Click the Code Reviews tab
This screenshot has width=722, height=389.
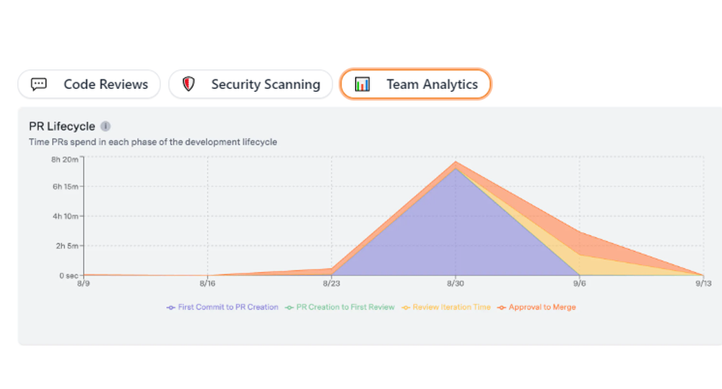[88, 85]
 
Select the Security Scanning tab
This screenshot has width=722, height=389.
[251, 85]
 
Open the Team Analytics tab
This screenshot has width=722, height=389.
[415, 85]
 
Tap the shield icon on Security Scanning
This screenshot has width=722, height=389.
[189, 85]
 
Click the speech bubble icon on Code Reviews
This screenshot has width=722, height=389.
[39, 85]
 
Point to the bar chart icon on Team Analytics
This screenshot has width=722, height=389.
[362, 85]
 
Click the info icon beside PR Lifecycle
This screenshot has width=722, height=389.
[105, 127]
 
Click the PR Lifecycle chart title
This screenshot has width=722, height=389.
[61, 127]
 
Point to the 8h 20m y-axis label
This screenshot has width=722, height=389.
[64, 159]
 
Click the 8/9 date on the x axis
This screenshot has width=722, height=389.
[84, 284]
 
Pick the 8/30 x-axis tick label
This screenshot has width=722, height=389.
[455, 284]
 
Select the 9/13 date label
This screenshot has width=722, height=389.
[703, 284]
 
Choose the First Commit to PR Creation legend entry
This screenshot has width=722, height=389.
[222, 307]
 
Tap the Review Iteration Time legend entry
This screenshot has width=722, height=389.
[446, 307]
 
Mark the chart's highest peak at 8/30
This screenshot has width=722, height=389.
[455, 162]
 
